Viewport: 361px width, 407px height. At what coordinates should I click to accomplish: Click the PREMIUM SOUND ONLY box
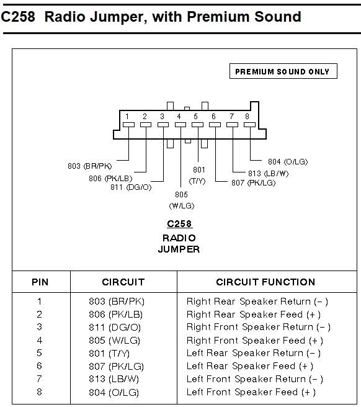(282, 71)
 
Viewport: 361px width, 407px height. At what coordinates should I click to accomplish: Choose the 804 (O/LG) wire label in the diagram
(288, 161)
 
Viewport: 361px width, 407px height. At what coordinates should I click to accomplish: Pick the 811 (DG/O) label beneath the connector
(130, 187)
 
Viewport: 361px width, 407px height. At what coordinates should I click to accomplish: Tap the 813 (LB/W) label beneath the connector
(269, 173)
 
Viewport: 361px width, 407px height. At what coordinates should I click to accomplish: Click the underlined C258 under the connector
(179, 224)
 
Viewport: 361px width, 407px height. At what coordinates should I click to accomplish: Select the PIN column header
(40, 282)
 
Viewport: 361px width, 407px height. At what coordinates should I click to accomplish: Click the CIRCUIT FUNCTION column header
(265, 282)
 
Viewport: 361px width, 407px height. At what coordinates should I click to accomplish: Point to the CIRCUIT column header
(123, 282)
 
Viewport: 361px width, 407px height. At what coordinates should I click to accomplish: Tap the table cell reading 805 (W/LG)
(115, 340)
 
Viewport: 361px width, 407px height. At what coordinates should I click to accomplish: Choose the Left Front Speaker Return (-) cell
(255, 379)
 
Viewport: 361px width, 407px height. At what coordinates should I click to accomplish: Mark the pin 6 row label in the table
(39, 366)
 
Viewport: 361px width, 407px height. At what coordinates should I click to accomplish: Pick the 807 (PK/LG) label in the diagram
(253, 183)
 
